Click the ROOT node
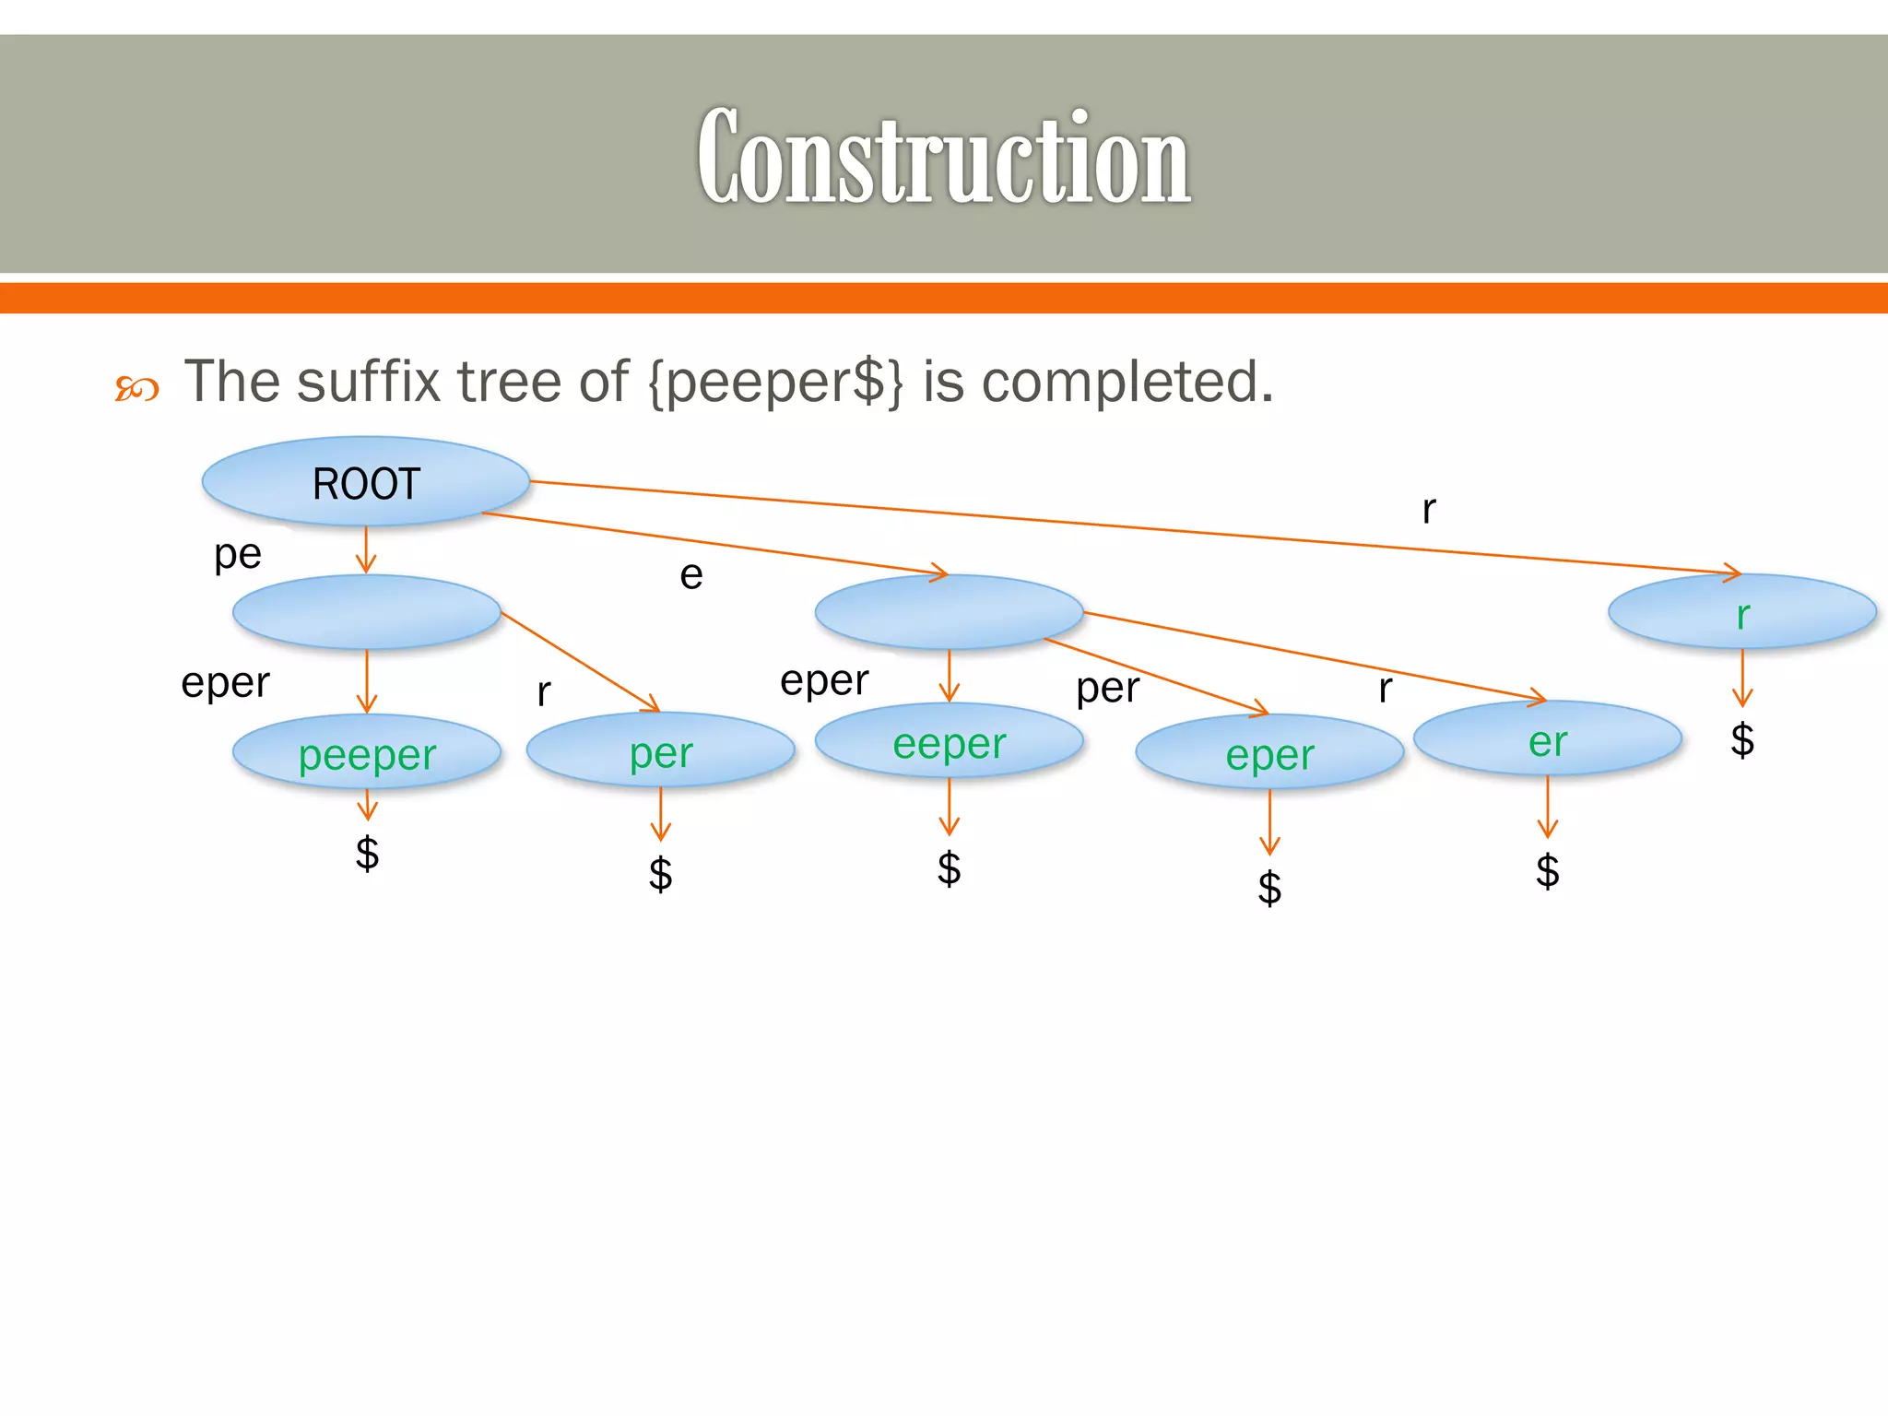click(366, 482)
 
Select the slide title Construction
click(943, 157)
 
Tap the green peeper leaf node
click(367, 754)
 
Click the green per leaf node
click(661, 751)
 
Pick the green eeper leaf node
click(949, 742)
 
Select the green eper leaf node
click(1269, 754)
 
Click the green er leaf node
click(1547, 740)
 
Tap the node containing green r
click(1741, 613)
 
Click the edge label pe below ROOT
click(238, 554)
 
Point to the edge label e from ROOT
click(691, 575)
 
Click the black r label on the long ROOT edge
click(1428, 509)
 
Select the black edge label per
click(1107, 688)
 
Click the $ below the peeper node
click(367, 853)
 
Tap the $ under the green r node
click(1741, 739)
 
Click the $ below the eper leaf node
click(1269, 888)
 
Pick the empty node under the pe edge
click(366, 612)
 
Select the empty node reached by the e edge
click(949, 612)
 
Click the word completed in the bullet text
click(1125, 381)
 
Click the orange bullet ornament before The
click(136, 389)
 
